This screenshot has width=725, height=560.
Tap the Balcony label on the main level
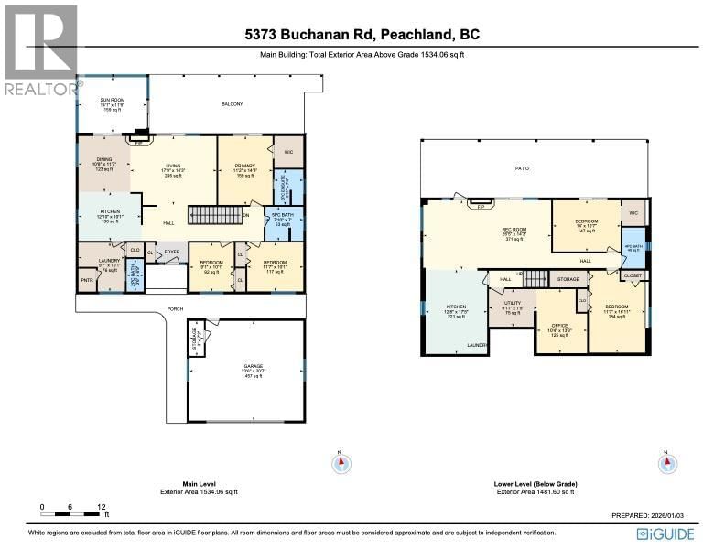(x=233, y=104)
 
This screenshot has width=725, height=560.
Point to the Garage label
(x=244, y=371)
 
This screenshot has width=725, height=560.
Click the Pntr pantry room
(x=87, y=281)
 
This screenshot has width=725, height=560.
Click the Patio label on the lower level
(x=522, y=169)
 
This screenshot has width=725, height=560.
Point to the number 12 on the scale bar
(x=103, y=506)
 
